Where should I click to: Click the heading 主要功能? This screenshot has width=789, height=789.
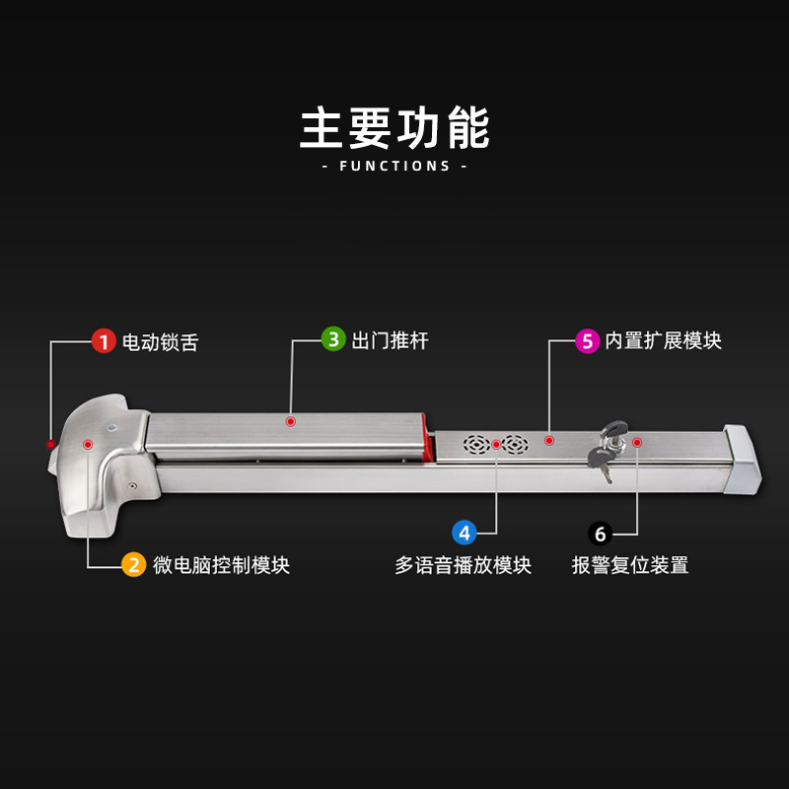point(394,128)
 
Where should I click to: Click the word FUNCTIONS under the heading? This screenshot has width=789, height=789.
point(394,166)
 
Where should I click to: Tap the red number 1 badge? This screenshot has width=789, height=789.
point(104,341)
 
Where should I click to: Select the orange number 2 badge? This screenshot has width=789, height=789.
point(133,565)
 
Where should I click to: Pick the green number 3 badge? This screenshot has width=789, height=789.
point(334,340)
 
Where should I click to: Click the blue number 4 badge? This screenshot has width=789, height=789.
point(465,533)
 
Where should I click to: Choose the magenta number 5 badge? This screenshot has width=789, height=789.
point(588,341)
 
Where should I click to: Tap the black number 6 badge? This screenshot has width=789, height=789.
point(601,534)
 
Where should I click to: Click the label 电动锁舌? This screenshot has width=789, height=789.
point(160,342)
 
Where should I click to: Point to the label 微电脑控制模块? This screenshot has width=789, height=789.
point(221,565)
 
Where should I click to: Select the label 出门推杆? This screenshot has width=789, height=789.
point(391,341)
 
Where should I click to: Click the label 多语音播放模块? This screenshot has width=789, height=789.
point(464,566)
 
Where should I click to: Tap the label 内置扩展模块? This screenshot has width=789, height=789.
point(663,341)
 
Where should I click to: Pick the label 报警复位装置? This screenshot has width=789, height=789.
point(629,566)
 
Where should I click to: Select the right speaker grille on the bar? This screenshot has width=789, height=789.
point(514,444)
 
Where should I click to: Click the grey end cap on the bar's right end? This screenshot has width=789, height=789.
point(743,461)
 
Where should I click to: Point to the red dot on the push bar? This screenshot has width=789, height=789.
point(291,421)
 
